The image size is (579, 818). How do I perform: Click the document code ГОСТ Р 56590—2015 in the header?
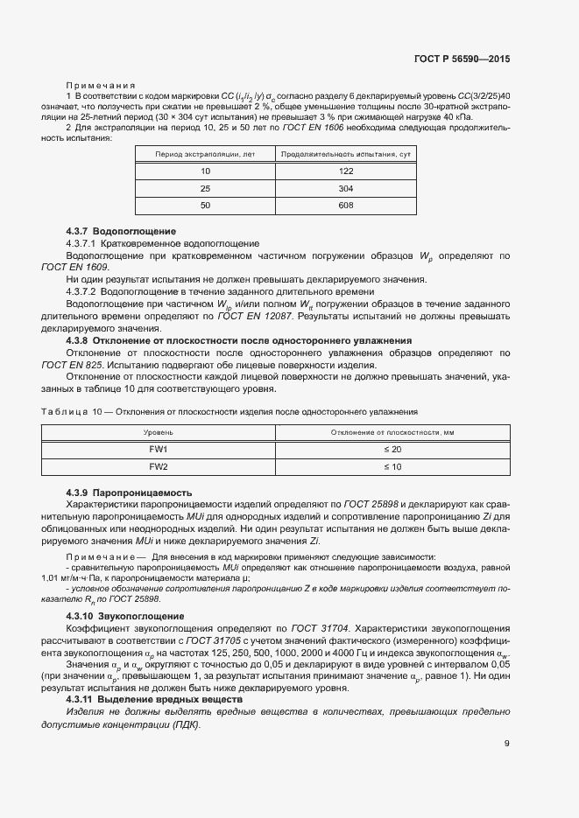462,59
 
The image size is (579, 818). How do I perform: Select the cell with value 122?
345,171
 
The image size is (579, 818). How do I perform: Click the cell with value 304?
345,189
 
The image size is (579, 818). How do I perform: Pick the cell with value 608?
345,206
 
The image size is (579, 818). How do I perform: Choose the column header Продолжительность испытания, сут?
345,154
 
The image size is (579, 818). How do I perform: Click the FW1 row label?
159,449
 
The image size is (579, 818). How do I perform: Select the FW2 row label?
159,467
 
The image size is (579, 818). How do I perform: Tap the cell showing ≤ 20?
391,449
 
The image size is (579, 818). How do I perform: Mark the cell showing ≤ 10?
391,467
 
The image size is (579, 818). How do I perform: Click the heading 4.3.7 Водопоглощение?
121,231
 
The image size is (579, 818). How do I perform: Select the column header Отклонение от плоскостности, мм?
391,432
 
